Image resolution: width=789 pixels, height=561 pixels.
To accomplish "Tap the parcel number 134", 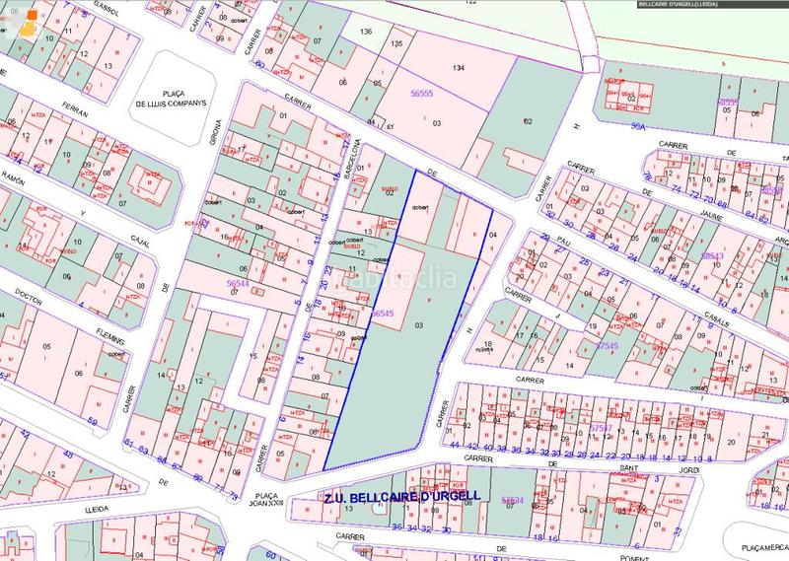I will click(458, 68).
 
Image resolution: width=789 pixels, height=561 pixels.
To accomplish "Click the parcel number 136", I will click(366, 33).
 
